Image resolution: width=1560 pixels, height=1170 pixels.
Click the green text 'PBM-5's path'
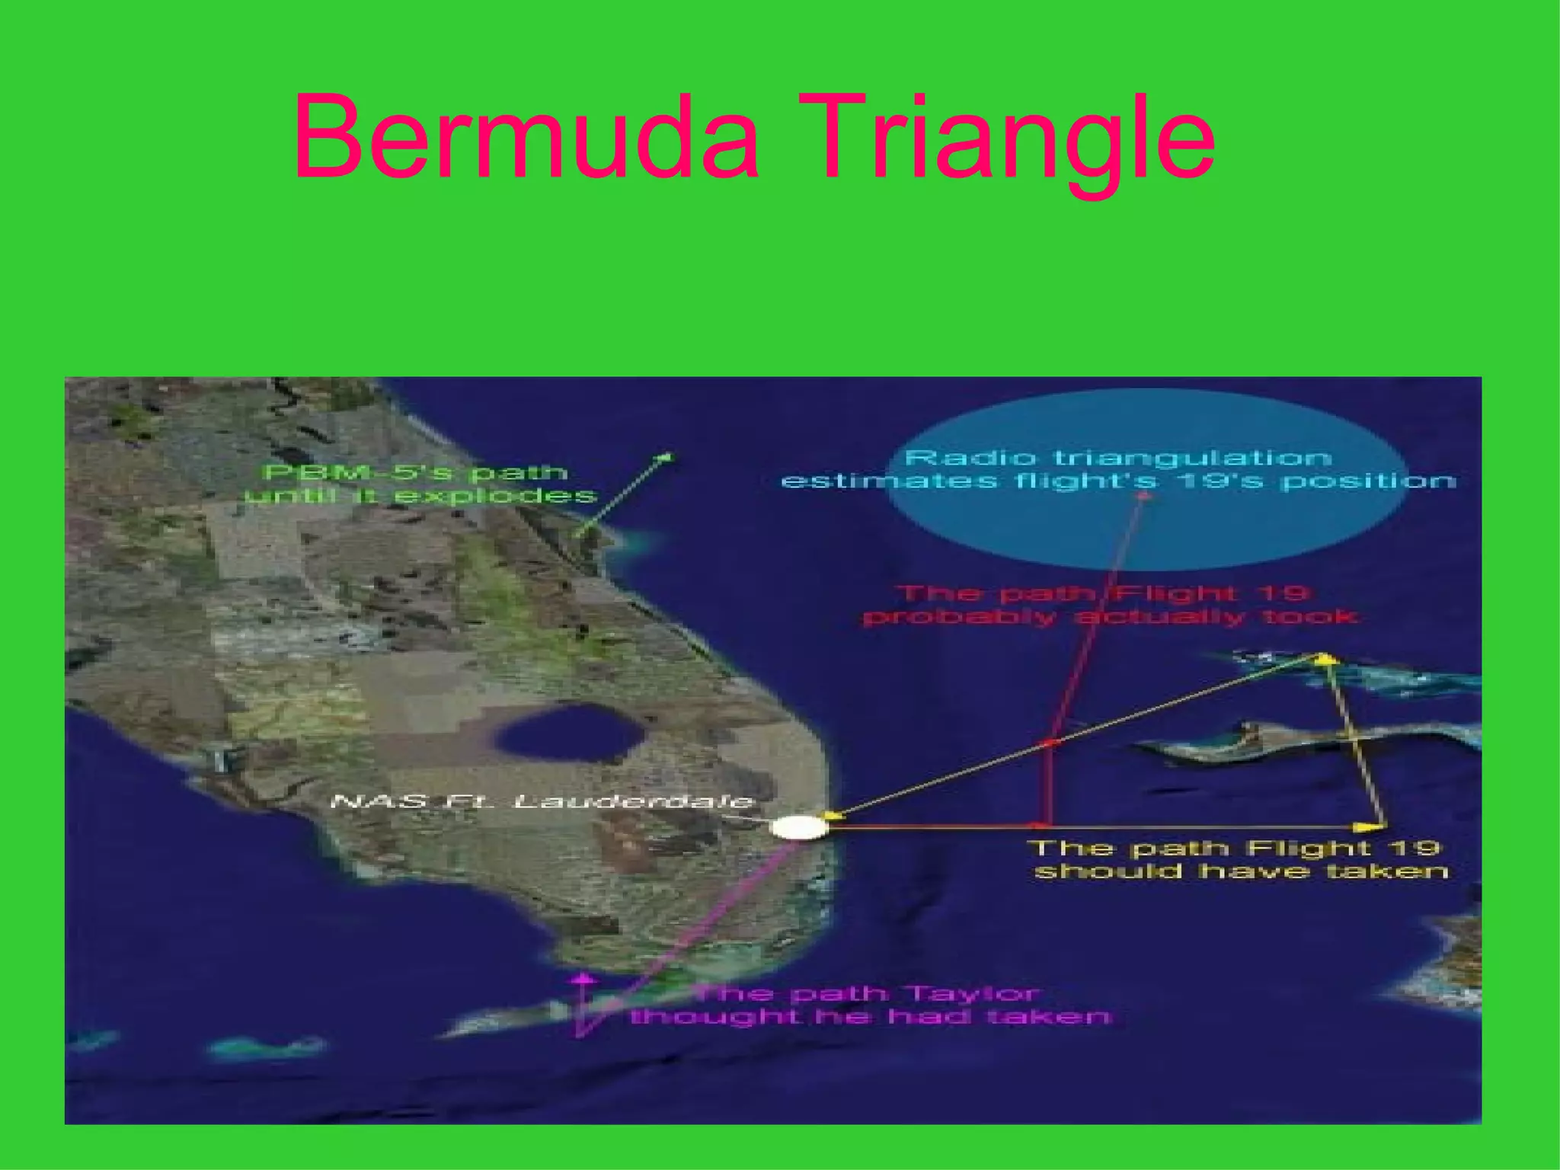coord(415,472)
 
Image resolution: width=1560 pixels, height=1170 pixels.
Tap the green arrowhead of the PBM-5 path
coord(666,457)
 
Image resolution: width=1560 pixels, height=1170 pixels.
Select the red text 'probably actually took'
coord(1108,616)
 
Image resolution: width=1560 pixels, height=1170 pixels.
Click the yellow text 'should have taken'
coord(1241,871)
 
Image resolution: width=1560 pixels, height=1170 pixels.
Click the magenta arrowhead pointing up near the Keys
coord(583,977)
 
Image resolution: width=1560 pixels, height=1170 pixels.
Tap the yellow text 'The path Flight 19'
coord(1235,848)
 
